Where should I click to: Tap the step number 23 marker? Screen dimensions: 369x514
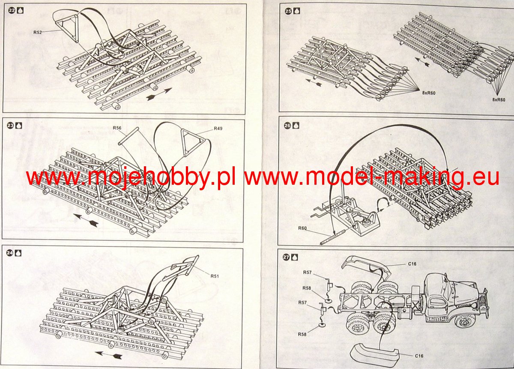coord(11,126)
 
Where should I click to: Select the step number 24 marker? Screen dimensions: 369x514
coord(11,253)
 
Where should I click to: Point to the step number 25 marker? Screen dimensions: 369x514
coord(288,12)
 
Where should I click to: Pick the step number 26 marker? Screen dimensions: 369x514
coord(287,126)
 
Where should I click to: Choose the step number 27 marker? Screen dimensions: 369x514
coord(287,257)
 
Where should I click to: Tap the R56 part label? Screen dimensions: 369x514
coord(117,128)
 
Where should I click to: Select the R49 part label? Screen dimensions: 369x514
coord(218,128)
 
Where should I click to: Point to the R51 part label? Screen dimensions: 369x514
coord(215,276)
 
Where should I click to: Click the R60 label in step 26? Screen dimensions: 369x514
coord(303,228)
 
